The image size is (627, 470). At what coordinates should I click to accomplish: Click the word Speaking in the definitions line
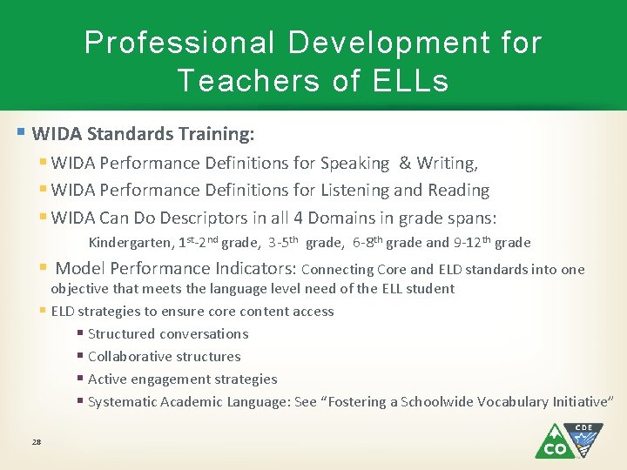pyautogui.click(x=354, y=163)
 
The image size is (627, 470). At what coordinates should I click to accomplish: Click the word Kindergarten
pyautogui.click(x=130, y=243)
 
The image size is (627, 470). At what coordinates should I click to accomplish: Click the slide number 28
pyautogui.click(x=37, y=442)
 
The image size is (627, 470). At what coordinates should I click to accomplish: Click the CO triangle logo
pyautogui.click(x=555, y=442)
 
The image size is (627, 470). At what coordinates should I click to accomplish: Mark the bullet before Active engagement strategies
pyautogui.click(x=80, y=379)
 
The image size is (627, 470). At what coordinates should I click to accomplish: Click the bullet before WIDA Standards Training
pyautogui.click(x=21, y=134)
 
